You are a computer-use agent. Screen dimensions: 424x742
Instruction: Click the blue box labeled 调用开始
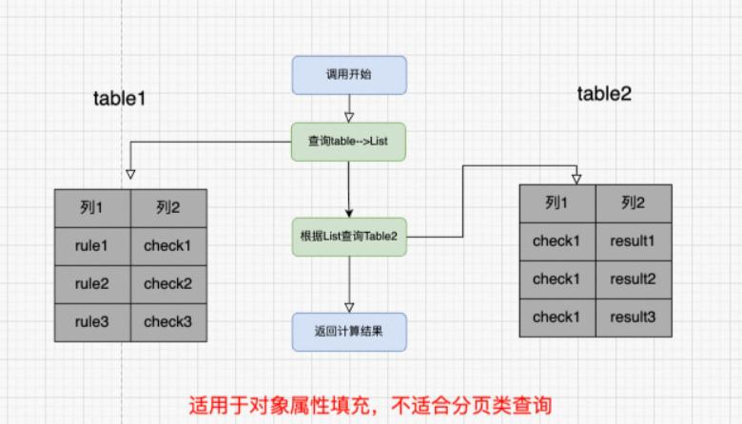pyautogui.click(x=349, y=74)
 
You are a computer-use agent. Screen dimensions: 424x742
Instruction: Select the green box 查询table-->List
pyautogui.click(x=349, y=142)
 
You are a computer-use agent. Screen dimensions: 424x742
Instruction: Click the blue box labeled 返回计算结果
pyautogui.click(x=349, y=331)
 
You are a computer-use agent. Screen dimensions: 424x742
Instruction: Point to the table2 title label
pyautogui.click(x=604, y=93)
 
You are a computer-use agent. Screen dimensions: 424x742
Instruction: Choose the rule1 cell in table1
pyautogui.click(x=91, y=246)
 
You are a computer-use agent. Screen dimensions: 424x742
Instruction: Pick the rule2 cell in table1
pyautogui.click(x=91, y=284)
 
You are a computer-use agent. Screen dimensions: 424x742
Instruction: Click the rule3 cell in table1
pyautogui.click(x=91, y=322)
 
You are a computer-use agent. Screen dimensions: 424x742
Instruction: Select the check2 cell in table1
pyautogui.click(x=167, y=284)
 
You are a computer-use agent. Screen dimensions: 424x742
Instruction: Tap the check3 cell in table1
pyautogui.click(x=167, y=322)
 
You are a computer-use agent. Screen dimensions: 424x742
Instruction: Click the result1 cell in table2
pyautogui.click(x=633, y=241)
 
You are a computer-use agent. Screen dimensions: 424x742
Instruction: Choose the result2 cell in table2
pyautogui.click(x=633, y=279)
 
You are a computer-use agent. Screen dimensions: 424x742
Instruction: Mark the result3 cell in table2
pyautogui.click(x=633, y=317)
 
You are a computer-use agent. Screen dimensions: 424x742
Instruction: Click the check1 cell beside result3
pyautogui.click(x=556, y=317)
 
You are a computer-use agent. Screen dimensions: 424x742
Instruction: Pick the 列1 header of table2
pyautogui.click(x=556, y=202)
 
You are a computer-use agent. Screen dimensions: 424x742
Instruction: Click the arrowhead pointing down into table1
pyautogui.click(x=130, y=174)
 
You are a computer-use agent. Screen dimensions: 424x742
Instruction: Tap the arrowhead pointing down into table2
pyautogui.click(x=576, y=178)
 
